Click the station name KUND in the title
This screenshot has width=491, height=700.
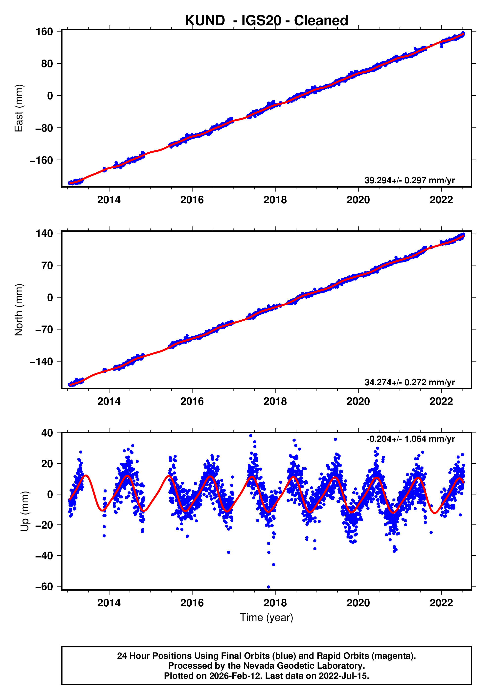[x=205, y=21]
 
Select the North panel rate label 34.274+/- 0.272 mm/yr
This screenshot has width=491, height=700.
[x=409, y=382]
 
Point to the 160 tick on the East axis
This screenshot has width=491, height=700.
[x=44, y=32]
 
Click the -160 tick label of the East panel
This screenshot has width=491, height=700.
[x=41, y=160]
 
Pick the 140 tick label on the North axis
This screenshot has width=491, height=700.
[x=44, y=233]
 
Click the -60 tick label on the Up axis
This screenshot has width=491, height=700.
[x=44, y=586]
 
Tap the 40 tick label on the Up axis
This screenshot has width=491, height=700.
[x=47, y=433]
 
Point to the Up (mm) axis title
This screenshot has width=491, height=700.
[x=25, y=511]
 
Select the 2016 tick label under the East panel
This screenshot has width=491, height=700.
[x=192, y=200]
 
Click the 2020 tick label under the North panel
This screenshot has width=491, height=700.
[x=358, y=402]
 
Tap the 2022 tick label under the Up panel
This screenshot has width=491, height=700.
[x=441, y=603]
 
